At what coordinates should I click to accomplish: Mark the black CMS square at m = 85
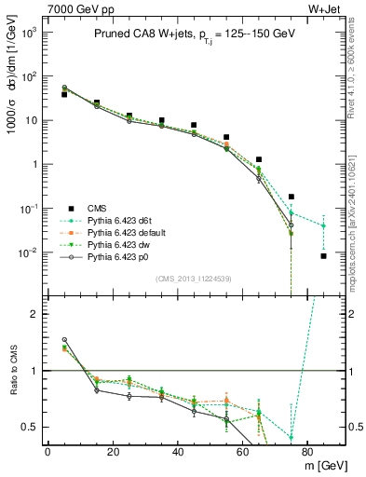click(x=323, y=256)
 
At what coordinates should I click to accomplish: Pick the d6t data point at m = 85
click(x=323, y=225)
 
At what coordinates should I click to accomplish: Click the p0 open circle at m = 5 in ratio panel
click(x=64, y=340)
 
